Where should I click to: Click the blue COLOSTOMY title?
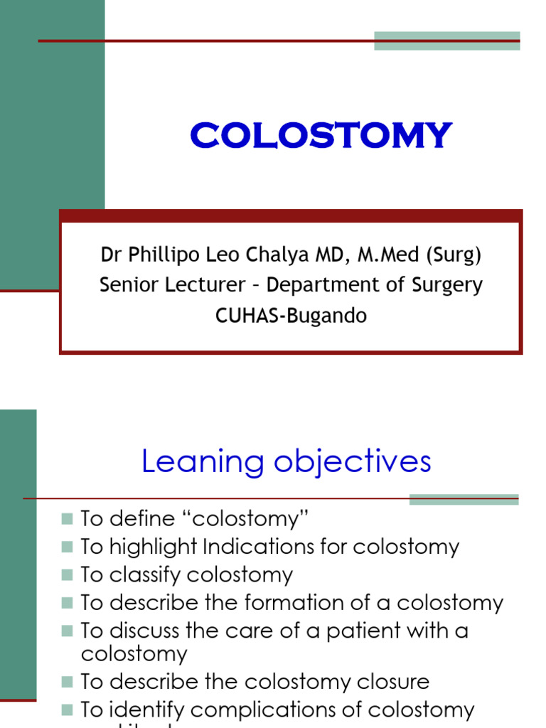[x=321, y=136]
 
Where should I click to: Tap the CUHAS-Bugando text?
[x=291, y=316]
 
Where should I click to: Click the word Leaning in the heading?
[x=193, y=461]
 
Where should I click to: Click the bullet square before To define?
[x=67, y=518]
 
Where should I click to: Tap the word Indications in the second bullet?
[x=250, y=547]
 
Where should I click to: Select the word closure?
[x=395, y=682]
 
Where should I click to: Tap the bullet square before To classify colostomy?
[x=67, y=574]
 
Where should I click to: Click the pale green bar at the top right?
[x=446, y=41]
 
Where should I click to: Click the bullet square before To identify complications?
[x=67, y=710]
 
